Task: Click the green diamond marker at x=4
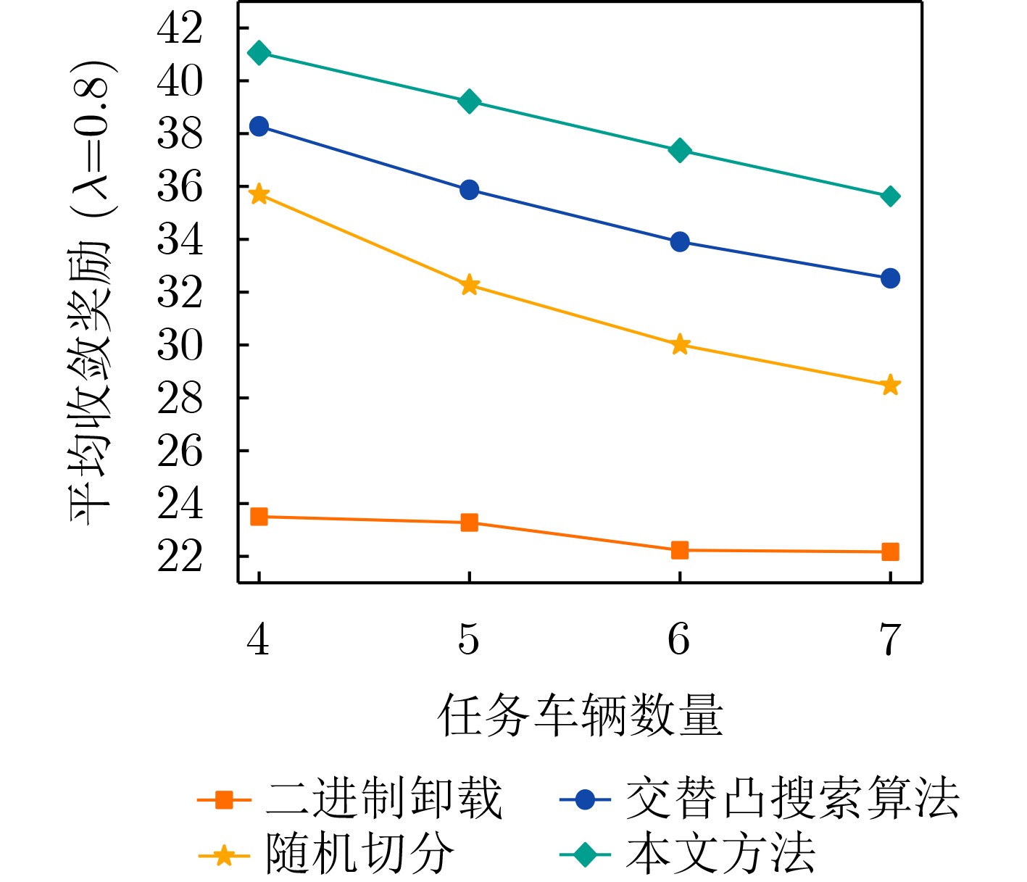[259, 53]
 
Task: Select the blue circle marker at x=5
[469, 190]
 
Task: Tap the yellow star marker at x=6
[680, 345]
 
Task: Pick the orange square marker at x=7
[890, 552]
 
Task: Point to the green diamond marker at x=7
[891, 196]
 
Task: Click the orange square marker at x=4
[259, 517]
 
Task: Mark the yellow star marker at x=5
[470, 285]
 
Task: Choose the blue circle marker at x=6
[680, 241]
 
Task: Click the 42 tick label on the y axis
[180, 29]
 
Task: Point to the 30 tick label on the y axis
[180, 346]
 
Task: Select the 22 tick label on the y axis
[180, 557]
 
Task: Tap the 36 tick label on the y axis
[180, 187]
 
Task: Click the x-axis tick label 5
[469, 639]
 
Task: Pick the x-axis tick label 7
[890, 639]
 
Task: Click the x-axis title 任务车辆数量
[580, 715]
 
